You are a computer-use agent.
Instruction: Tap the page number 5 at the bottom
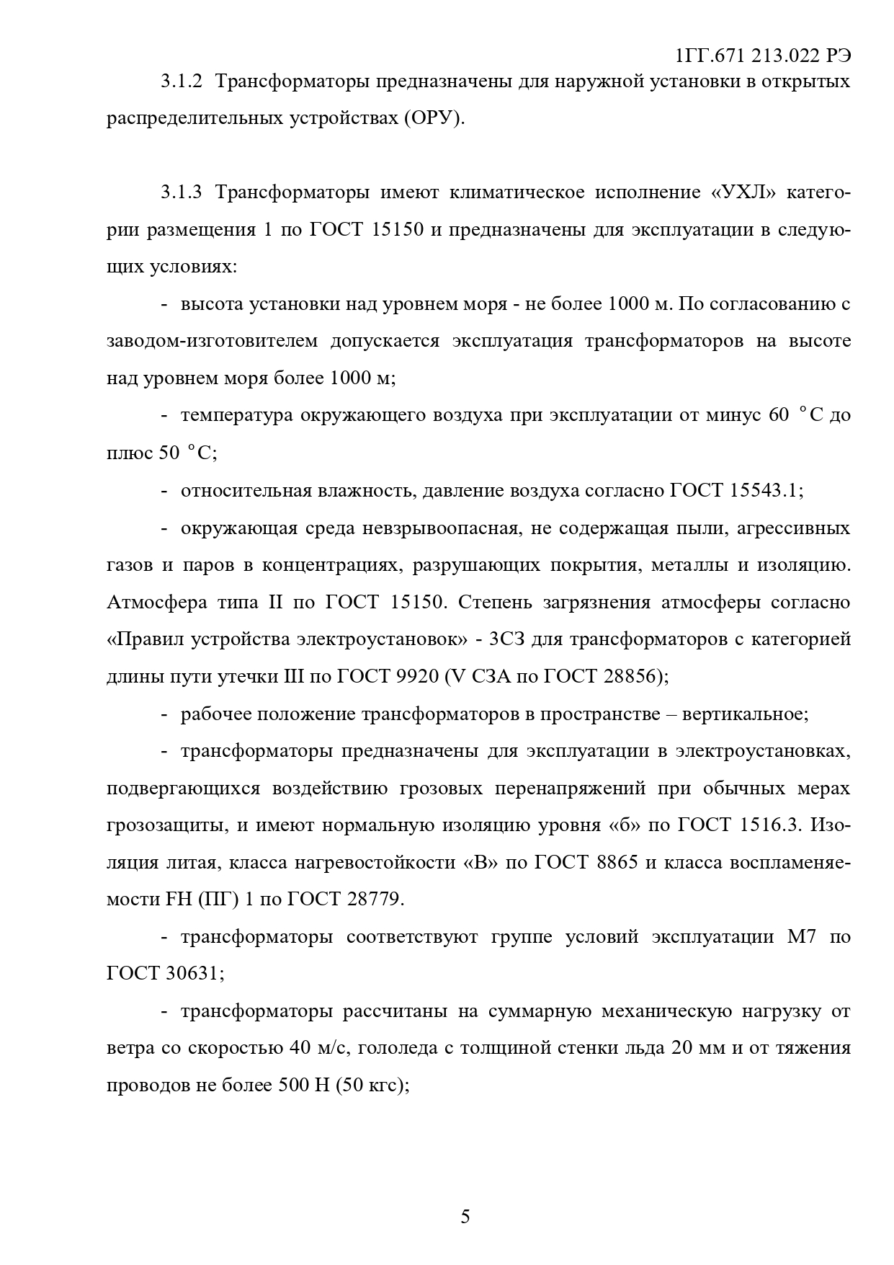click(x=465, y=1217)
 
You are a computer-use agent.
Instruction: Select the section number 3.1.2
click(x=184, y=81)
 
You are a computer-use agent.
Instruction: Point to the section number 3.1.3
click(x=184, y=192)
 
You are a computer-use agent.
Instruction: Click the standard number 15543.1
click(x=765, y=491)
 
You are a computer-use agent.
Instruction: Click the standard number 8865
click(x=617, y=863)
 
